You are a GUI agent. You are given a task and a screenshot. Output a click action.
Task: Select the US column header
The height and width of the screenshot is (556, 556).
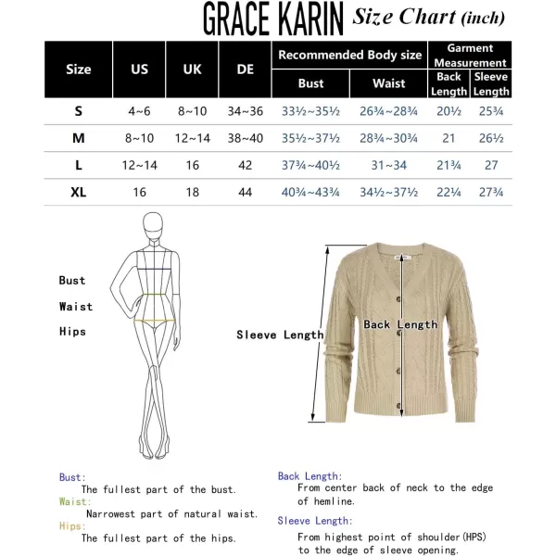pos(139,69)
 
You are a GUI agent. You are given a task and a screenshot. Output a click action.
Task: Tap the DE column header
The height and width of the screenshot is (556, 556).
pos(246,69)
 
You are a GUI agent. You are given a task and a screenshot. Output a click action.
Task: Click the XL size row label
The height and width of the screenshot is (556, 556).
pos(79,192)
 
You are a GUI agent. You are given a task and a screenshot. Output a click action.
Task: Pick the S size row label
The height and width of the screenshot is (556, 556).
pos(79,111)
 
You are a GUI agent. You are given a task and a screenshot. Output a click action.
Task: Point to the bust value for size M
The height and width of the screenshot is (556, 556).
pos(311,138)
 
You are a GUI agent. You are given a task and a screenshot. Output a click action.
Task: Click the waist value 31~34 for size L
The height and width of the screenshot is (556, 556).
pos(389,165)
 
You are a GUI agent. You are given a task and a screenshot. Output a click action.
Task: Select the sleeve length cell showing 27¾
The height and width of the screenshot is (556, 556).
pos(491,192)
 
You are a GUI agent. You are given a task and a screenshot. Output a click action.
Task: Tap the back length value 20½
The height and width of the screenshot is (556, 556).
pos(449,111)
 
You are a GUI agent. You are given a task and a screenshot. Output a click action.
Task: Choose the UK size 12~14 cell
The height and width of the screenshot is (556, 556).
pos(192,138)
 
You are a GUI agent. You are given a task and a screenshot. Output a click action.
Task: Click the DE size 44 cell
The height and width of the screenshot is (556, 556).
pos(246,192)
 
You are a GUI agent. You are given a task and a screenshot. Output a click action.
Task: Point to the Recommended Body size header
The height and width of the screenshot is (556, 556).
pos(350,55)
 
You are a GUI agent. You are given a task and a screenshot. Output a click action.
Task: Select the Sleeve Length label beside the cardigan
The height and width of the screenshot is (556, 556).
pos(280,335)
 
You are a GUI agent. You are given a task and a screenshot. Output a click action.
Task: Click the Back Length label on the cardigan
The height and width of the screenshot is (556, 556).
pos(400,324)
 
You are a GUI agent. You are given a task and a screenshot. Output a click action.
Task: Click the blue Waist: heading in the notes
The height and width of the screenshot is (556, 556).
pos(75,501)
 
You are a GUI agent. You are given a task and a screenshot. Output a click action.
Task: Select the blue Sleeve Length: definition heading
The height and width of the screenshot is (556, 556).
pos(315,521)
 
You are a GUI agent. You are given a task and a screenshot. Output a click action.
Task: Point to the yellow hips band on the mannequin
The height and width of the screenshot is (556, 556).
pos(154,322)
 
